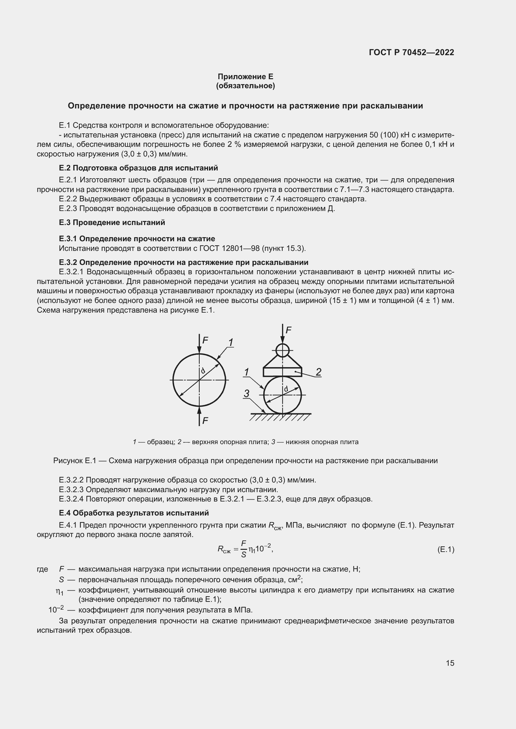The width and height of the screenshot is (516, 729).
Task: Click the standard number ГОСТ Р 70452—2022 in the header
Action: [x=411, y=52]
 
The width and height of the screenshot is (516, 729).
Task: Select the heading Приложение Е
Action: [x=245, y=77]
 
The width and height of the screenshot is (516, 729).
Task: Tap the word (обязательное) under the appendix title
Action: [x=245, y=86]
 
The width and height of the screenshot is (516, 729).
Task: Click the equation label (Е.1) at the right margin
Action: [x=445, y=549]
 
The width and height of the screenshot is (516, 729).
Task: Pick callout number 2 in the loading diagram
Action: [x=319, y=372]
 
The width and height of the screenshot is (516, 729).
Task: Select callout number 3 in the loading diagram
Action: [x=246, y=394]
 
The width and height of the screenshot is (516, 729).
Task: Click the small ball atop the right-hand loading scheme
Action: [x=282, y=351]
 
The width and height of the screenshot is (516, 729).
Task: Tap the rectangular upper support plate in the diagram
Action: [x=282, y=372]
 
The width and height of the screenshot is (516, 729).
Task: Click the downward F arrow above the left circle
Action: [x=199, y=344]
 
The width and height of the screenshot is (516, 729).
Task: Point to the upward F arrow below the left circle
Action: [x=199, y=416]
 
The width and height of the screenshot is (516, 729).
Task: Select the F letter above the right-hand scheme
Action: [x=289, y=330]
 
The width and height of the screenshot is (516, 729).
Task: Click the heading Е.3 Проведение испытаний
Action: [x=112, y=223]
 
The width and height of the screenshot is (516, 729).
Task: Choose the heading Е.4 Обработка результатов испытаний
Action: [x=134, y=513]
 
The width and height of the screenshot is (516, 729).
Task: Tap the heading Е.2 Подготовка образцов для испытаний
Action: [x=138, y=168]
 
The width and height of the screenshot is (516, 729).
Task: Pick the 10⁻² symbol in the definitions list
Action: [x=56, y=610]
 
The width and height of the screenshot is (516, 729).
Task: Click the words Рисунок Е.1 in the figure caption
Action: [x=75, y=461]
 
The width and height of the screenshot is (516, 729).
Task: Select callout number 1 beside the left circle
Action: [x=231, y=343]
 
